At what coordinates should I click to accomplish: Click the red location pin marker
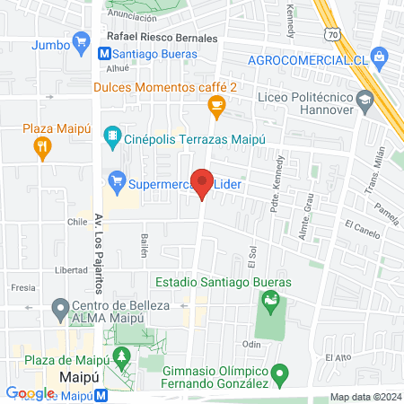[x=203, y=184]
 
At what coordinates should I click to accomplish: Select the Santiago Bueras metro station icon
[x=106, y=54]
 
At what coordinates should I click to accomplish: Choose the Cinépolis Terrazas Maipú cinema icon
[x=113, y=136]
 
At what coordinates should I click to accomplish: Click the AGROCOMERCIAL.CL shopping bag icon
[x=380, y=58]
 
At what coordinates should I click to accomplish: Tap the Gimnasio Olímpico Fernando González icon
[x=280, y=372]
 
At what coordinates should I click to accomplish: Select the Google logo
[x=31, y=392]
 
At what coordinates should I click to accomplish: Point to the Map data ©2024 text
[x=364, y=397]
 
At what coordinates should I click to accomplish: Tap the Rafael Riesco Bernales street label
[x=162, y=39]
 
